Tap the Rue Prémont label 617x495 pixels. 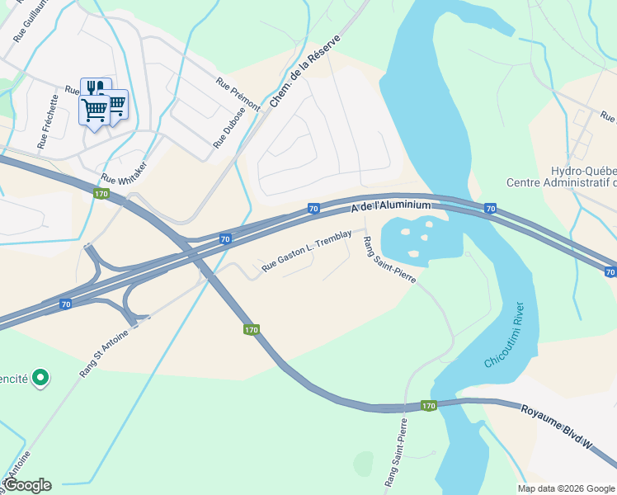pyautogui.click(x=238, y=94)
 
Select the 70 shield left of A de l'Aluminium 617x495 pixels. pyautogui.click(x=313, y=210)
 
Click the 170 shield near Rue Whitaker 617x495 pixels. pyautogui.click(x=101, y=194)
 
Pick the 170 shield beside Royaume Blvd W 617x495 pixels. pyautogui.click(x=428, y=406)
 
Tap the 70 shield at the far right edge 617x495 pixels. pyautogui.click(x=610, y=271)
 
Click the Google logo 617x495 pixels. pyautogui.click(x=28, y=485)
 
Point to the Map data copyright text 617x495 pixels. pyautogui.click(x=566, y=488)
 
